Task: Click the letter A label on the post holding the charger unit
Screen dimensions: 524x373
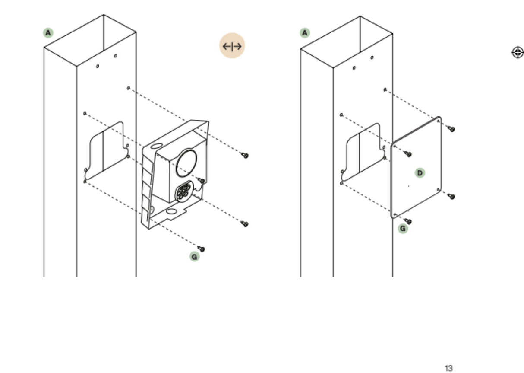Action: click(48, 33)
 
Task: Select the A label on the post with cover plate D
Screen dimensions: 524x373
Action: click(305, 33)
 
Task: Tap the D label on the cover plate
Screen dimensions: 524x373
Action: click(420, 173)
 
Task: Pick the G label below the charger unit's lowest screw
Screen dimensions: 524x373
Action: click(194, 257)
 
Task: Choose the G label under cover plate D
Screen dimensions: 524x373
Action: click(403, 228)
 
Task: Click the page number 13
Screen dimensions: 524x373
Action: click(449, 368)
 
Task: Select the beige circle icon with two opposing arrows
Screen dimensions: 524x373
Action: click(232, 46)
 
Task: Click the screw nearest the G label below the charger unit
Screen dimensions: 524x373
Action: click(201, 249)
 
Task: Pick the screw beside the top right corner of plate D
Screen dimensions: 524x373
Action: click(451, 129)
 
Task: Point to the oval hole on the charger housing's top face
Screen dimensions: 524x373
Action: click(156, 146)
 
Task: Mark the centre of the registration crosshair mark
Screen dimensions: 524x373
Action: click(518, 52)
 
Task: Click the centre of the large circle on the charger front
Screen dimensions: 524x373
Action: click(186, 163)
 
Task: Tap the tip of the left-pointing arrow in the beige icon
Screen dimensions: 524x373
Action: click(223, 46)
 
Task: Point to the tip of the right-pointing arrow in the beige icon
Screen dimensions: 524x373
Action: click(241, 46)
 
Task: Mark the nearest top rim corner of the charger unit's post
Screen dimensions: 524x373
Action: click(76, 66)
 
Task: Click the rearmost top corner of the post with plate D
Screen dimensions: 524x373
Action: click(360, 16)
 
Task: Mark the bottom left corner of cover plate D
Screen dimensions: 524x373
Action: click(392, 217)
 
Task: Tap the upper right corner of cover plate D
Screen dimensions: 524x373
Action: click(440, 117)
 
